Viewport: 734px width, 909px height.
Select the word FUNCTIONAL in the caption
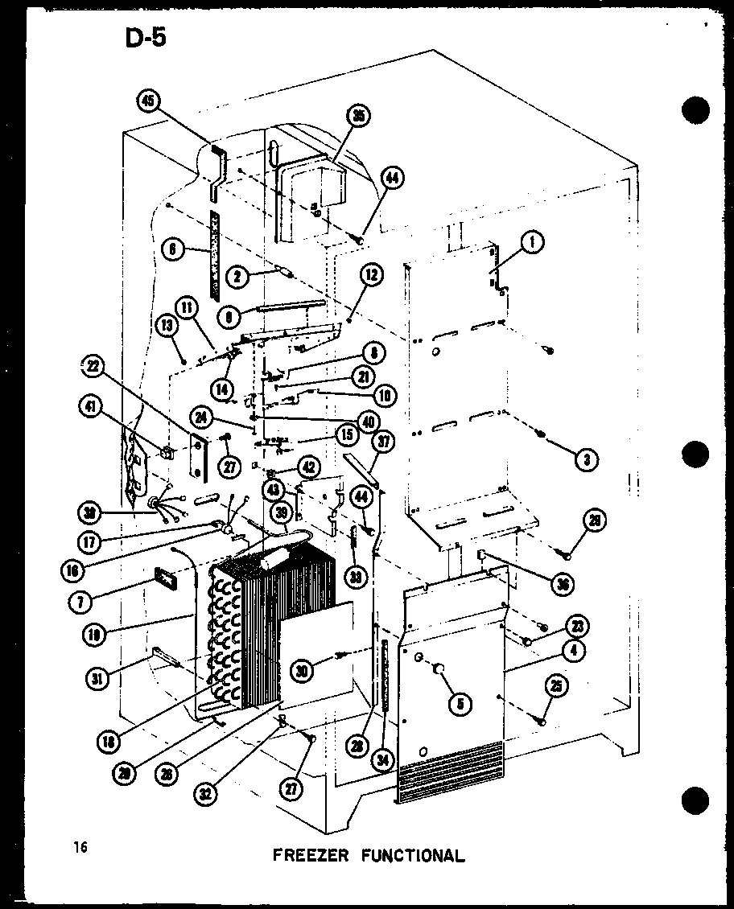pos(412,854)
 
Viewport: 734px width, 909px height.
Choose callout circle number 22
pos(94,366)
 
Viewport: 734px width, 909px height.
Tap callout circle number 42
pos(307,467)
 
